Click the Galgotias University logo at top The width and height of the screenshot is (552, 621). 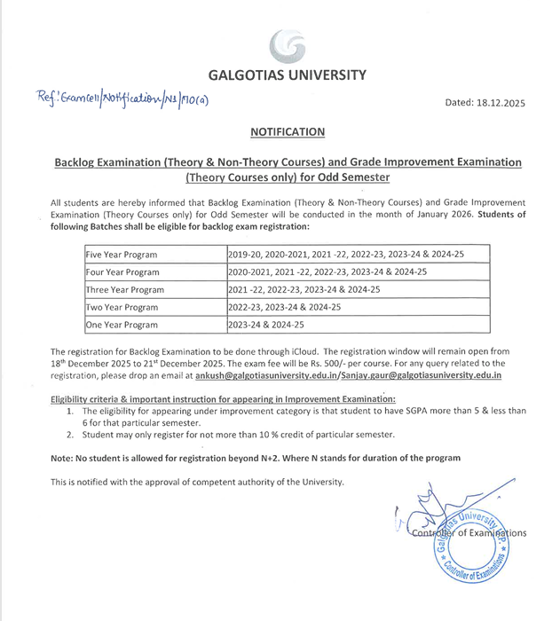point(287,44)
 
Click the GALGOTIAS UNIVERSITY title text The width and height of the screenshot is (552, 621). point(287,75)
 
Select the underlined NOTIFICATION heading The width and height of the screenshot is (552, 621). point(287,132)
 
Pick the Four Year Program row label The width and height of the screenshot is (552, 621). point(122,272)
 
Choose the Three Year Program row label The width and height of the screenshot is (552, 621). point(124,290)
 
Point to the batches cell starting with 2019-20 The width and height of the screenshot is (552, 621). point(345,255)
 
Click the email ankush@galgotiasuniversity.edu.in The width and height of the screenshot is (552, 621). point(294,375)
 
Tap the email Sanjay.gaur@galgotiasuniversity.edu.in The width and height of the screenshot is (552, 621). point(426,375)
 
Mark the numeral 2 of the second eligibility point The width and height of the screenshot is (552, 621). point(71,435)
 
